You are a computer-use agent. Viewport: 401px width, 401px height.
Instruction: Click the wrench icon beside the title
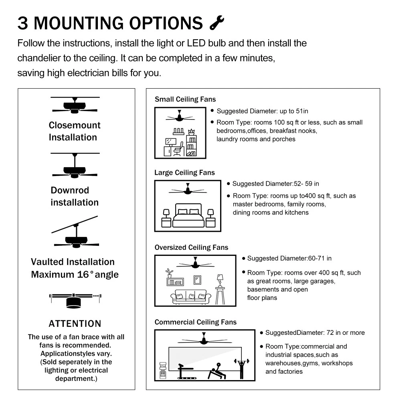217,23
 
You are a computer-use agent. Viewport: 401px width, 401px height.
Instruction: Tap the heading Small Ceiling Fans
185,99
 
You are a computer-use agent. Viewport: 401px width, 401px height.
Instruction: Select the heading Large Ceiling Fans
184,172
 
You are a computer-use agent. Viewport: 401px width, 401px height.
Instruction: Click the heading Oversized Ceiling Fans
191,247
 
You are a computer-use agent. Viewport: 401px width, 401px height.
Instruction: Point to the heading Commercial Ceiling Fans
195,322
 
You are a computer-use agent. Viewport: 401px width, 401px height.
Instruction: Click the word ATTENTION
75,324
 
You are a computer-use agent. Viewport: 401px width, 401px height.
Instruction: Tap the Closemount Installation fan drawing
75,105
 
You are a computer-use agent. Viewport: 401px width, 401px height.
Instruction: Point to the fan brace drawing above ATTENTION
75,300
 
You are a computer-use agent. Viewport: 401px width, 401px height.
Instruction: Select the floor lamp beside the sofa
220,289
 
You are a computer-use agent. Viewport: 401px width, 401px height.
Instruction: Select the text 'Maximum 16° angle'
75,275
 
